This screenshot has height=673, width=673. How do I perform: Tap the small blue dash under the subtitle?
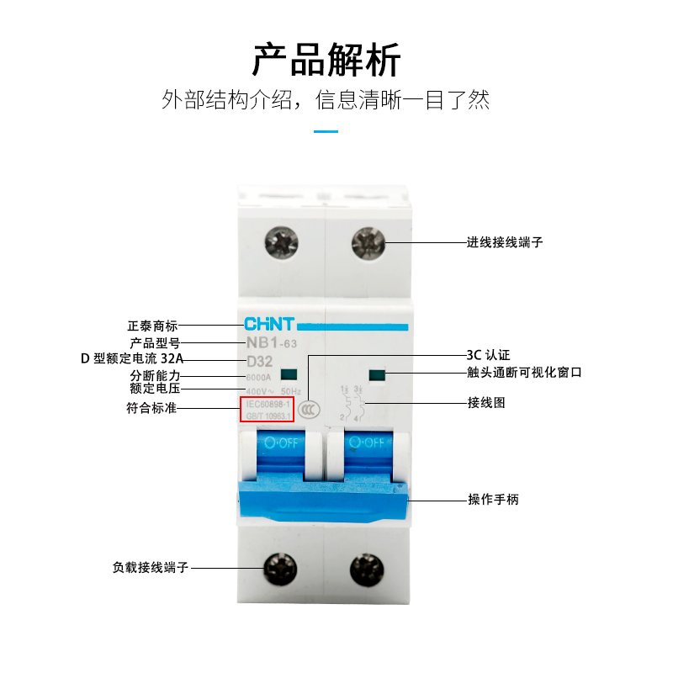tap(326, 132)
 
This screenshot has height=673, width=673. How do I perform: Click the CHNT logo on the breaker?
tap(268, 324)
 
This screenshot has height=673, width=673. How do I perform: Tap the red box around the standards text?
tap(268, 410)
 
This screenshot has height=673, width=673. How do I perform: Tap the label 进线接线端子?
tap(505, 242)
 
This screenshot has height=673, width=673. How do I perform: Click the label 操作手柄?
tap(493, 499)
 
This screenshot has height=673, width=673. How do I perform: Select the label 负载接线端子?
tap(151, 568)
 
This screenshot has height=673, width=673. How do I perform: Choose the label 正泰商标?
tap(152, 326)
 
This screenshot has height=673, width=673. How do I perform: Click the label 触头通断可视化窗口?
tap(524, 373)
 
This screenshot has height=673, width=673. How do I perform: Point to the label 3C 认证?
tap(488, 355)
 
